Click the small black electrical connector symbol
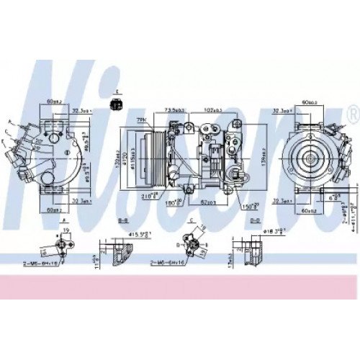[x=117, y=105]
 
